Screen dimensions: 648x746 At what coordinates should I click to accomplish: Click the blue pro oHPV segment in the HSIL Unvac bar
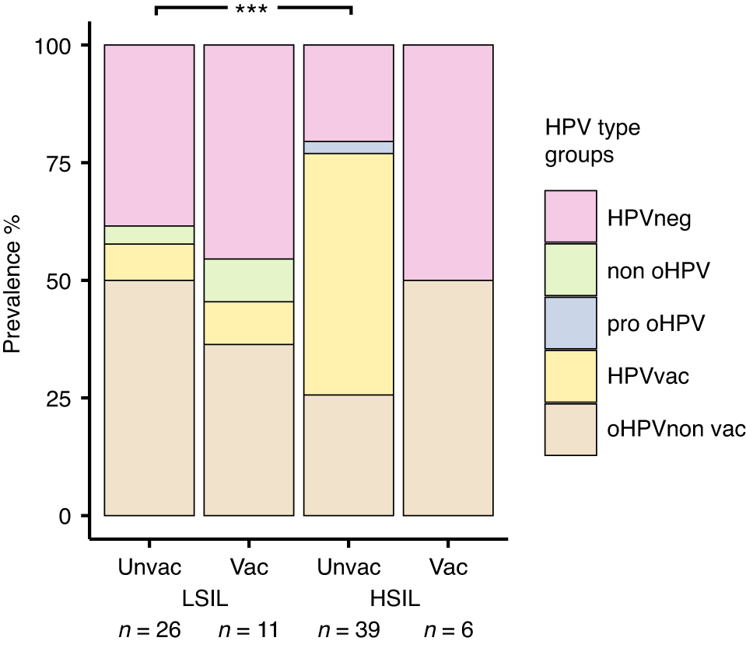point(348,148)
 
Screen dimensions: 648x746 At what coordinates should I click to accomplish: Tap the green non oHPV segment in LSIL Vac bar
point(248,280)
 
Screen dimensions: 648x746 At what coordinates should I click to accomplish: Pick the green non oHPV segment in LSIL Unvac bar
point(149,235)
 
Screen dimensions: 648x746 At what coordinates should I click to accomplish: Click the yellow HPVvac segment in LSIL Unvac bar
point(149,262)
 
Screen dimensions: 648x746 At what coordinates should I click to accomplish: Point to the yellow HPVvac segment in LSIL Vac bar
point(248,323)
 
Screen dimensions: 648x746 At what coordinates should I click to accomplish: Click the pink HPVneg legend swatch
point(570,217)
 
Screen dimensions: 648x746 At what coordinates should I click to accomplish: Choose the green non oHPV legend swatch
point(570,270)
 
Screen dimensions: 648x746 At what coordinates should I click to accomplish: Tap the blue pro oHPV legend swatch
point(570,323)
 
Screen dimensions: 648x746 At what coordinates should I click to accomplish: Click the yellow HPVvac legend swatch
point(570,376)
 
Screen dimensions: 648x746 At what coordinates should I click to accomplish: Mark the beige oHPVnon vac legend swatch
point(570,430)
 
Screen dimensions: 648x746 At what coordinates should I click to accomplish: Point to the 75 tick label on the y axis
point(60,163)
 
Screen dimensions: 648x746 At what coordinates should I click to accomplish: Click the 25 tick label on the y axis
point(60,399)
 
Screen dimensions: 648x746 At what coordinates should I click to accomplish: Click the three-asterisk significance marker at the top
point(253,10)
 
